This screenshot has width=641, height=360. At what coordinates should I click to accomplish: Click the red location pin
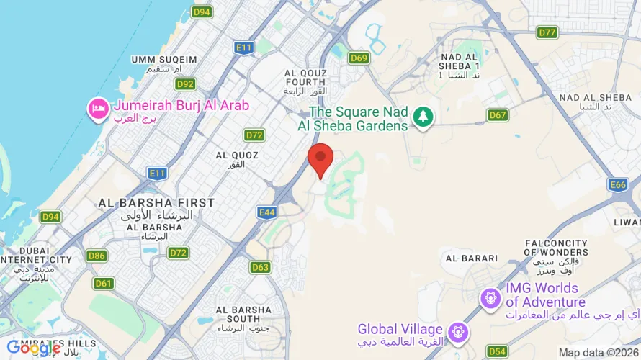pos(320,158)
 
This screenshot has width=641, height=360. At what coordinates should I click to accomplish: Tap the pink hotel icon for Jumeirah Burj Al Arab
pos(97,109)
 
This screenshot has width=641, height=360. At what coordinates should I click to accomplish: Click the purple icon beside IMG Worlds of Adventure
pos(491,296)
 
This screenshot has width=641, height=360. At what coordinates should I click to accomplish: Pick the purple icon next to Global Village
pos(457,332)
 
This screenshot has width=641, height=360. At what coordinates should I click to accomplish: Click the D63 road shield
pos(261,267)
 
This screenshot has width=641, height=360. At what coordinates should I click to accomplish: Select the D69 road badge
pos(359,58)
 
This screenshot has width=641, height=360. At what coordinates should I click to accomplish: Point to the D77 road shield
pos(547,32)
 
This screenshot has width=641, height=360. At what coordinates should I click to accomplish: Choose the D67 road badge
pos(498,114)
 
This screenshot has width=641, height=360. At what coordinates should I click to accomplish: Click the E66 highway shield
pos(618,185)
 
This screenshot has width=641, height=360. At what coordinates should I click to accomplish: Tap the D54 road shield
pos(497,351)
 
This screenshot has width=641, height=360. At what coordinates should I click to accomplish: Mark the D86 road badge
pos(97,256)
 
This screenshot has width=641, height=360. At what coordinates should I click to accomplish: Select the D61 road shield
pos(104,283)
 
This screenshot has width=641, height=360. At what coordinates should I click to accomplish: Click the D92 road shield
pos(186,84)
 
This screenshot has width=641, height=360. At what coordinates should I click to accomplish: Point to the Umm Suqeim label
pos(164,63)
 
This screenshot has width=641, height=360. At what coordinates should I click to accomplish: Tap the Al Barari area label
pos(472,258)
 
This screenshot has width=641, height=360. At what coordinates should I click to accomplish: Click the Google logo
pos(35,348)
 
